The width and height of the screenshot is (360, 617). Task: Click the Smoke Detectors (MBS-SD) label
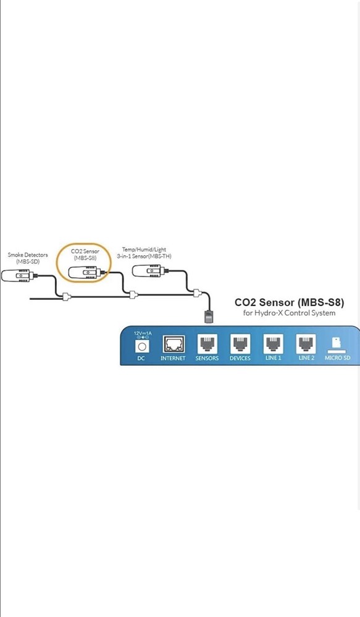coord(28,258)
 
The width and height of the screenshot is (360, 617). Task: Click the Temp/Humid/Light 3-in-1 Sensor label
coord(144,252)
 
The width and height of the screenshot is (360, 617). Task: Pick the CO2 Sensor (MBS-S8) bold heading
coord(290,302)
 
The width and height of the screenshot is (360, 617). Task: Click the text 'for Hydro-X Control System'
coord(290,313)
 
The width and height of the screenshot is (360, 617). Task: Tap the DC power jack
coord(142,346)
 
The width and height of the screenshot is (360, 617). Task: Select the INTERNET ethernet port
coord(174,344)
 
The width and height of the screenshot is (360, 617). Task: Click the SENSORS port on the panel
coord(207,344)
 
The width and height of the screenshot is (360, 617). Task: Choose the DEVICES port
coord(240,344)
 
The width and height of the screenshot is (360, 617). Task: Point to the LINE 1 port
coord(273,344)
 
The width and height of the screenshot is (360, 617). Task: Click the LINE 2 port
coord(306,344)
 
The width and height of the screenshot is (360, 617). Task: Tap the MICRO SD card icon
coord(337,344)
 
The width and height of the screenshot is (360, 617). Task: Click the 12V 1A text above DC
coord(142,333)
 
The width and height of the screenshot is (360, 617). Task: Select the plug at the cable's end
coord(208,316)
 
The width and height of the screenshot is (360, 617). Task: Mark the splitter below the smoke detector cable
coord(67,296)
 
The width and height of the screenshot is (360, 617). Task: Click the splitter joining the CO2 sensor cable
coord(133,294)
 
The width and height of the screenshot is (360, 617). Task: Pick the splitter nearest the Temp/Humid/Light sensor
coord(197,292)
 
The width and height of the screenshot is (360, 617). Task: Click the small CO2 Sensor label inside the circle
coord(85,254)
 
